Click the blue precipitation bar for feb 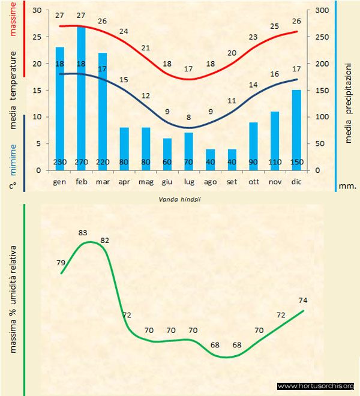click(81, 90)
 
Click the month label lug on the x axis click(189, 181)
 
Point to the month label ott click(253, 181)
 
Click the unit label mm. click(347, 186)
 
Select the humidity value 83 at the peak click(83, 233)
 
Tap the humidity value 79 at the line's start click(61, 262)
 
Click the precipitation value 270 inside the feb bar click(81, 162)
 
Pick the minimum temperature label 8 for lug click(188, 118)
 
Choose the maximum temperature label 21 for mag click(146, 47)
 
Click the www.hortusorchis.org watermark click(316, 386)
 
